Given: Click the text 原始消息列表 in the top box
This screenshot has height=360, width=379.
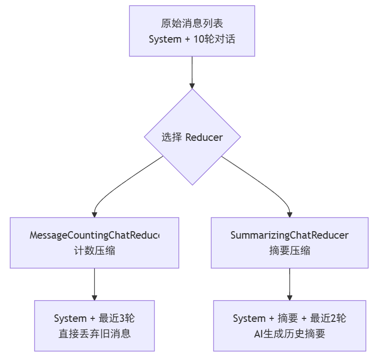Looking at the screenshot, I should [192, 24].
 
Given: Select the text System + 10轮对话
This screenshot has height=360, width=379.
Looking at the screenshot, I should [192, 39].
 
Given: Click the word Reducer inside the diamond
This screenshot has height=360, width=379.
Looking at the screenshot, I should [204, 137].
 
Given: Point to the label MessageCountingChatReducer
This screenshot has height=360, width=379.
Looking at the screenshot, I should [94, 235].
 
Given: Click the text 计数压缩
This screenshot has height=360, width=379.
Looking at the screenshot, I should [94, 251].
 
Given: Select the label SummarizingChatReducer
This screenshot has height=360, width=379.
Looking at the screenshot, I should [289, 235].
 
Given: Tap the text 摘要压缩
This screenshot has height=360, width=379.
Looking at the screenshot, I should [289, 251].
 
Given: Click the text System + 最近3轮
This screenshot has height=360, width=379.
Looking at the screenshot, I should [94, 318].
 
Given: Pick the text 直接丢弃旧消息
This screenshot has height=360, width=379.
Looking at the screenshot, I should [94, 333].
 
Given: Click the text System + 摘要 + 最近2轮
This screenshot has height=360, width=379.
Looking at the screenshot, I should [289, 318].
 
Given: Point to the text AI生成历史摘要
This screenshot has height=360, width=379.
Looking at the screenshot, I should [289, 333].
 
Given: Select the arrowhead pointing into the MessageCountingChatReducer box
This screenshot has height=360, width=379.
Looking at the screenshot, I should [94, 214].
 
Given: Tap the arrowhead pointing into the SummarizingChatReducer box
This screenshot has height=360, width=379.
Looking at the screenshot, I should [289, 214].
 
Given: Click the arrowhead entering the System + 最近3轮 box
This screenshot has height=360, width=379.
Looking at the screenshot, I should [94, 297].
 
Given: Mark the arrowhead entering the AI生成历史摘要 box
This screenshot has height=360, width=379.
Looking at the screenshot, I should [289, 297].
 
